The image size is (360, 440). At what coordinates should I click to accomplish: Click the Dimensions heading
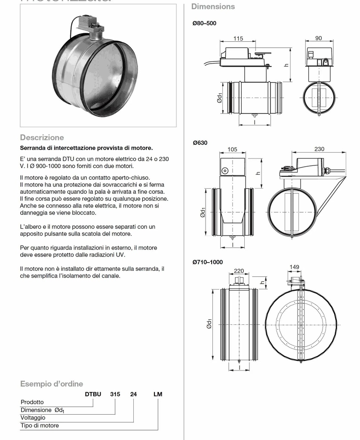213,6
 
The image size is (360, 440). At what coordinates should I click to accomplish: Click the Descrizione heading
42,137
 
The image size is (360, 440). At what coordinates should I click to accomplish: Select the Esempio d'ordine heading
52,384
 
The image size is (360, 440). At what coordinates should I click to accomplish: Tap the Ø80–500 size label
204,23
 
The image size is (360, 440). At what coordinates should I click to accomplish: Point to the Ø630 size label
200,143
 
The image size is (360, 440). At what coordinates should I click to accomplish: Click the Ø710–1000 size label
208,262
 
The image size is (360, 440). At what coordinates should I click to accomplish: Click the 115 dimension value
238,38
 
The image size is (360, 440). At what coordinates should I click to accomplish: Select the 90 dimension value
318,38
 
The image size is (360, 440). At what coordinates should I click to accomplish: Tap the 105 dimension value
232,149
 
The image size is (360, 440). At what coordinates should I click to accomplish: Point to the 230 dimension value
319,149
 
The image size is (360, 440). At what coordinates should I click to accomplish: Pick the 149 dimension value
294,267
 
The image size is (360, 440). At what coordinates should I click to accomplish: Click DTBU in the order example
93,394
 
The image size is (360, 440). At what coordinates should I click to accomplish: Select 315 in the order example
115,394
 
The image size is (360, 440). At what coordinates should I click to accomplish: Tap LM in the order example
158,394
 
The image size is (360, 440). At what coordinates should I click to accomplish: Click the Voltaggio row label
33,418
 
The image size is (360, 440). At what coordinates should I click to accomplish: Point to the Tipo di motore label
40,425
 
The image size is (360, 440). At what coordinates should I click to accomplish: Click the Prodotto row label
32,402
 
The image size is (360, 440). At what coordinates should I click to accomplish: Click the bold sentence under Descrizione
86,148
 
